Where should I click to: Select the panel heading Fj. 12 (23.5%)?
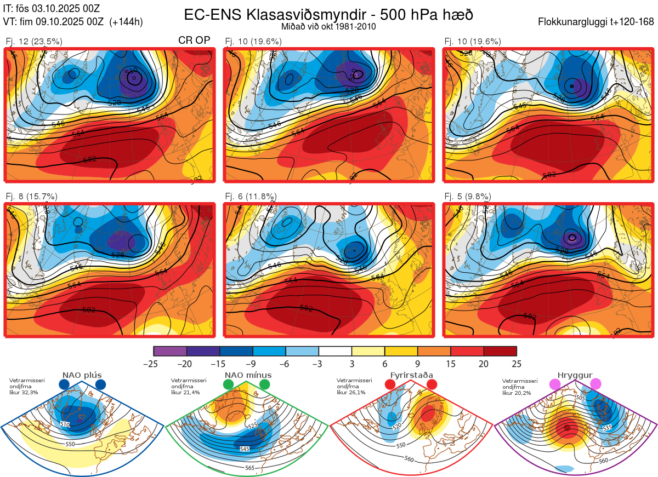pos(34,41)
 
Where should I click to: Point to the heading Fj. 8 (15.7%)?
pos(32,197)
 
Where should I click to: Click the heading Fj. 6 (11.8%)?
pos(251,197)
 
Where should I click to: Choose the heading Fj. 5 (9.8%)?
pos(468,197)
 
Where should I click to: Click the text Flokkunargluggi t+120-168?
pos(597,22)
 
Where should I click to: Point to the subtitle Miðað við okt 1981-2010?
pos(328,27)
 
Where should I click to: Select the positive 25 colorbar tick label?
pos(517,364)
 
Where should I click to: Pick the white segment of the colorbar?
pos(335,351)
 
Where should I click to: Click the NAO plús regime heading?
pos(82,375)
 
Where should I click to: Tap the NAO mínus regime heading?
pos(247,375)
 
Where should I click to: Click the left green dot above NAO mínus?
pos(229,385)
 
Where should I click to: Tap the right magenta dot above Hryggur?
pos(595,384)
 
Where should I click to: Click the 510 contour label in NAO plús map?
pos(65,424)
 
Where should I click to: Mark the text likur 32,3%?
pos(22,393)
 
